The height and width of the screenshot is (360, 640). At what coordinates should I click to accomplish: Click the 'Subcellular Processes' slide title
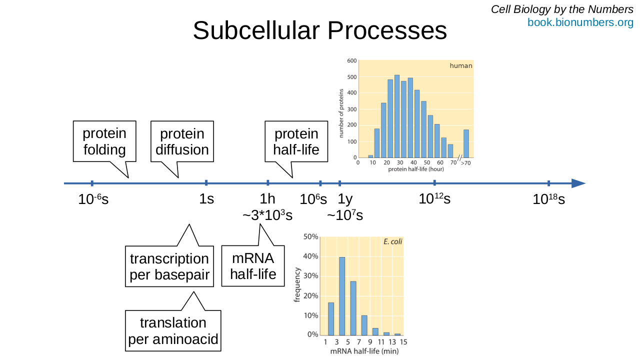click(320, 31)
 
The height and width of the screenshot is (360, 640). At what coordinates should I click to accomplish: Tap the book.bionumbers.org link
click(580, 22)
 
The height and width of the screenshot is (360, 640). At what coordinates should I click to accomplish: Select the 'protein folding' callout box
click(104, 141)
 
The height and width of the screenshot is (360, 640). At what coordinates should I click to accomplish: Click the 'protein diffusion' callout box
click(182, 141)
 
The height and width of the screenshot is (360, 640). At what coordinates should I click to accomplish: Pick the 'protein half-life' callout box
click(296, 141)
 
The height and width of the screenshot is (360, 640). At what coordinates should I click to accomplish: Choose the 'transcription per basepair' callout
click(169, 266)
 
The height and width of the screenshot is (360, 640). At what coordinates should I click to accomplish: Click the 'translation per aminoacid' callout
click(173, 330)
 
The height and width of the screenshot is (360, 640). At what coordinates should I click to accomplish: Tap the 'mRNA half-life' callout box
click(253, 266)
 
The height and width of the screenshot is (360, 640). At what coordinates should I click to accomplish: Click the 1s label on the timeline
click(206, 199)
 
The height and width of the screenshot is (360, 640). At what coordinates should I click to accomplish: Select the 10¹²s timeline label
click(434, 199)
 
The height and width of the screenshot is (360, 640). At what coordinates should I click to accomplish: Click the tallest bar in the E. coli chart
click(342, 296)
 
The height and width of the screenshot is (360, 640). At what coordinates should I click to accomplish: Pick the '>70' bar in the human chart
click(466, 144)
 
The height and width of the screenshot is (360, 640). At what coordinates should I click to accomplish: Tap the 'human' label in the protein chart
click(460, 66)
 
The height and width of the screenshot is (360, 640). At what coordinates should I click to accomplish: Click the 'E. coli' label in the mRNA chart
click(392, 242)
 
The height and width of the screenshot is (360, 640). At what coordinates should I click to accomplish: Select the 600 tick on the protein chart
click(351, 61)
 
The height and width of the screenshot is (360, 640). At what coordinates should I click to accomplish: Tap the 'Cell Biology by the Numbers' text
click(562, 9)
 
